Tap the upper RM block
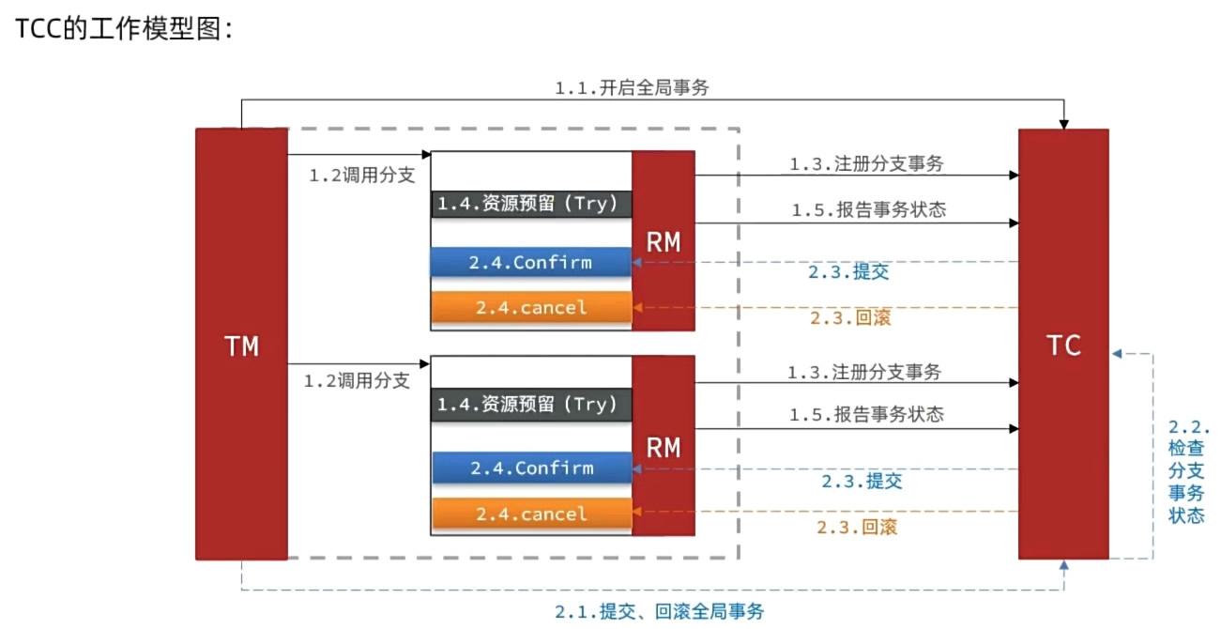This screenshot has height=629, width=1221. pos(664,241)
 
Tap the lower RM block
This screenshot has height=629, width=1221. pos(664,447)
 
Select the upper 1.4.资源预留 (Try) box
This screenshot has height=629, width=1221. pos(531,204)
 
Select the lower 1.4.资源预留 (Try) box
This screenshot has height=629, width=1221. pos(531,405)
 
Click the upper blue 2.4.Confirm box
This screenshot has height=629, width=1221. pos(531,263)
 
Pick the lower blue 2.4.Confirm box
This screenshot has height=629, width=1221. pos(531,468)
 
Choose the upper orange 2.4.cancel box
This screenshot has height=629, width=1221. pos(531,307)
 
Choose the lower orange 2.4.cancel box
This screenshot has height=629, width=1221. pos(531,514)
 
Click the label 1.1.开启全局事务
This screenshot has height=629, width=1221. pos(632,88)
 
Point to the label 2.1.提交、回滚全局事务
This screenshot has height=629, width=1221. pos(659,612)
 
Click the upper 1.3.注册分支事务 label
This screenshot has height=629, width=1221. pos(865,163)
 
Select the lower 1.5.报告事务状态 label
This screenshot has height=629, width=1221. pos(865,414)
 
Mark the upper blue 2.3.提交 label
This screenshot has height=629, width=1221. pos(848,273)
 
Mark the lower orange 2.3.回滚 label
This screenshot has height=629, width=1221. pos(856,528)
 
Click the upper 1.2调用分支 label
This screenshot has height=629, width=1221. pos(361,176)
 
